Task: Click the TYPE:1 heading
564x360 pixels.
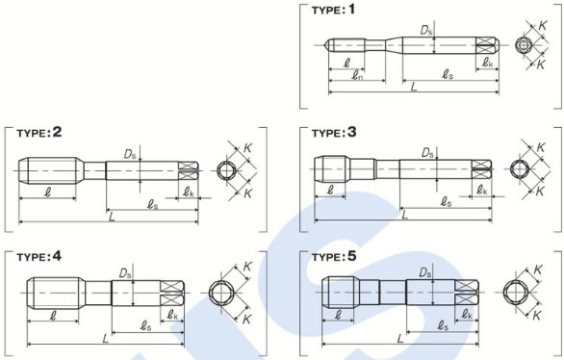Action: (x=333, y=10)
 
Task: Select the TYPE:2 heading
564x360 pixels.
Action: (x=39, y=133)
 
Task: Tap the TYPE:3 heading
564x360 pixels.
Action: (x=334, y=133)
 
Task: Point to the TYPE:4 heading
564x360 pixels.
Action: (x=39, y=257)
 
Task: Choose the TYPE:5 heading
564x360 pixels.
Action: (x=334, y=257)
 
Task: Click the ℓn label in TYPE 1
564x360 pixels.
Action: (x=357, y=75)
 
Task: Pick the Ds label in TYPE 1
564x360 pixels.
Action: (x=426, y=31)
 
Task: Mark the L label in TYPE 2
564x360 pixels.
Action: (x=112, y=217)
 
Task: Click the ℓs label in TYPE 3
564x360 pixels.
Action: (x=446, y=202)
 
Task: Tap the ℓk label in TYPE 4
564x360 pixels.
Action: (x=172, y=316)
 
